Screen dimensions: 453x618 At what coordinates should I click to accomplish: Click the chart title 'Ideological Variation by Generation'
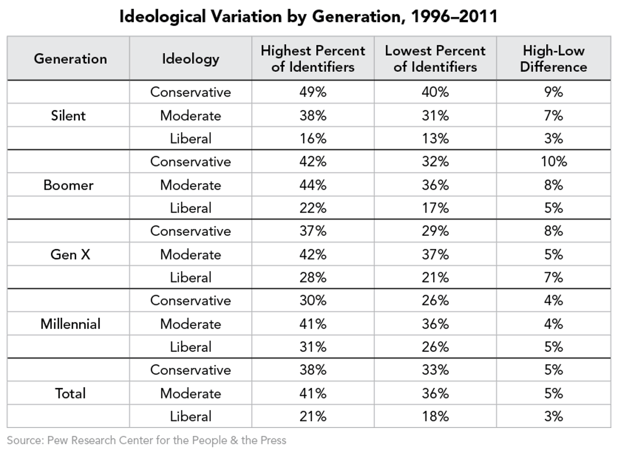308,17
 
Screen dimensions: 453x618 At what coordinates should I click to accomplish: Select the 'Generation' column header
70,59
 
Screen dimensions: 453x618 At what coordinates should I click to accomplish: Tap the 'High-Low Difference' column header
553,59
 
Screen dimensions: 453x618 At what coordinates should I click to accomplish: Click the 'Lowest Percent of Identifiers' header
435,59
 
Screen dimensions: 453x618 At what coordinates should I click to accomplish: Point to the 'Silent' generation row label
68,116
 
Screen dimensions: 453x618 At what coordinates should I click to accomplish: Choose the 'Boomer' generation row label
68,185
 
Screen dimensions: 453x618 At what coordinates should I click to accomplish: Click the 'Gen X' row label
70,254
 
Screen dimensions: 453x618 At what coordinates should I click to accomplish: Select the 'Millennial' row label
70,324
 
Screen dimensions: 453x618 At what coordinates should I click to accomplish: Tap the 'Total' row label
70,393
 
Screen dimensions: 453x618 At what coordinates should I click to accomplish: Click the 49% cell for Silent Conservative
313,92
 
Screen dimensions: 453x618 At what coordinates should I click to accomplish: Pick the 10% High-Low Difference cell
554,162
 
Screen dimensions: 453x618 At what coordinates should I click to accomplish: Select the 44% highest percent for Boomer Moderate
313,185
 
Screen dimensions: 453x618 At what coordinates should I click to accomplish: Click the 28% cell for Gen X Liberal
313,278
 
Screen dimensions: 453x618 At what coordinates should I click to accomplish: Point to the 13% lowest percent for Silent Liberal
435,139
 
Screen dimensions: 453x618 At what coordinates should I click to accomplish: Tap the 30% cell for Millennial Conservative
313,301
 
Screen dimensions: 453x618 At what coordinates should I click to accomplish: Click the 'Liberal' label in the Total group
190,416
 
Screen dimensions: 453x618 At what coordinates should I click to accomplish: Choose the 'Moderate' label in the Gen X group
190,254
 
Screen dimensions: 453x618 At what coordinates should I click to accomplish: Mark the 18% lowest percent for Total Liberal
435,416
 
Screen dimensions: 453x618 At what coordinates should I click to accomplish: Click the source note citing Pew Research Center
147,440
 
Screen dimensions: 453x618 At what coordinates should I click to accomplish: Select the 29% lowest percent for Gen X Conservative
435,231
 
